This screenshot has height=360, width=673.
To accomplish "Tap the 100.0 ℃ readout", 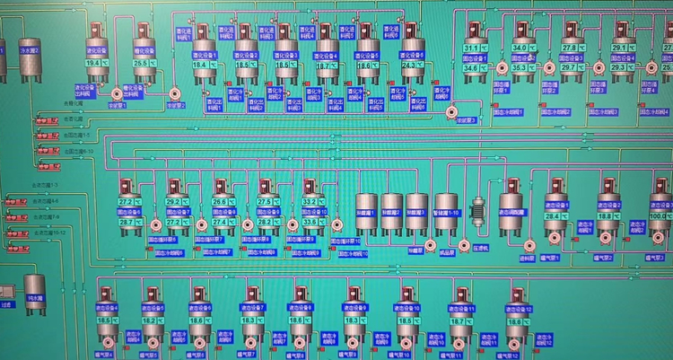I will pos(660,215).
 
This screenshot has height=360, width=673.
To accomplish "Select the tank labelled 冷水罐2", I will pos(30,51).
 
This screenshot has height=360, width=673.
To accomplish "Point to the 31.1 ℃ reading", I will pos(474,48).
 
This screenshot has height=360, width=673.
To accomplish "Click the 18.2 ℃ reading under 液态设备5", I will pos(150,320).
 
